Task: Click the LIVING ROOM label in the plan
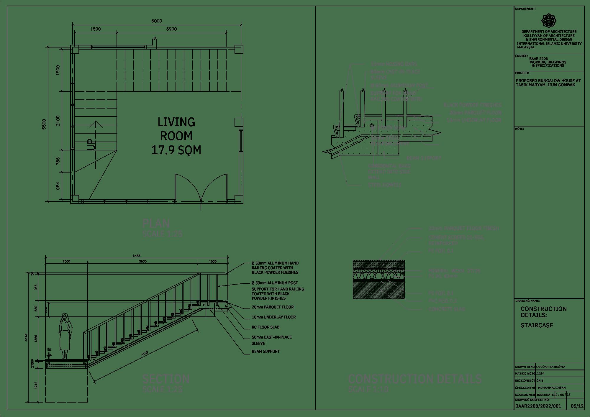click(x=176, y=129)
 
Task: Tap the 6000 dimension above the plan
click(x=157, y=21)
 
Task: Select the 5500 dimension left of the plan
click(x=44, y=124)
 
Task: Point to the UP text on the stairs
click(x=92, y=145)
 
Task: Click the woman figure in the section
click(x=65, y=336)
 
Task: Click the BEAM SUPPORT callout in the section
click(x=265, y=351)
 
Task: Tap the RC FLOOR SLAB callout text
click(x=265, y=327)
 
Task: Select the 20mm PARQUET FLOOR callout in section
click(x=273, y=307)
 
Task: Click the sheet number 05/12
click(x=577, y=406)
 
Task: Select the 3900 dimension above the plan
click(x=171, y=29)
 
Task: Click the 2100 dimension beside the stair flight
click(x=58, y=121)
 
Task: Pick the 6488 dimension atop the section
click(x=137, y=256)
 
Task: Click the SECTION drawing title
click(x=166, y=379)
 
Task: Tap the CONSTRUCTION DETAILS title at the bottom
click(x=415, y=379)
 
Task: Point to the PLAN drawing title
click(x=156, y=224)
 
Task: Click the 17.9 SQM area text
click(x=176, y=150)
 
